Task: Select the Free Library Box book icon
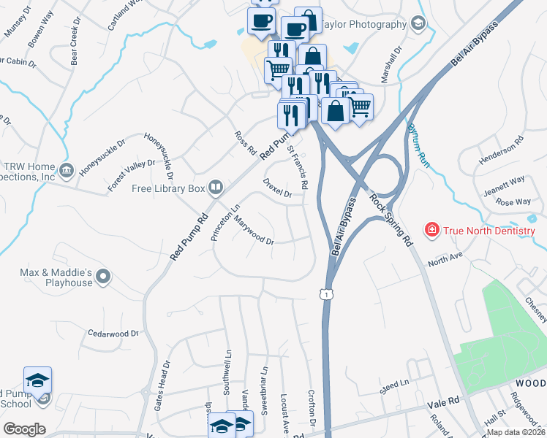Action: coord(215,188)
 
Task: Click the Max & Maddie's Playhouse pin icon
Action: coord(103,276)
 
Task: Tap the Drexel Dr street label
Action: coord(277,188)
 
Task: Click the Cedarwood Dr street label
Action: coord(113,334)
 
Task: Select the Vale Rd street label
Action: coord(443,400)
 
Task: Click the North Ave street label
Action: coord(446,258)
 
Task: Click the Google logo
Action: coord(23,429)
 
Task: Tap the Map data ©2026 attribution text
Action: coord(516,432)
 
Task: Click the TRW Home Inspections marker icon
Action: coord(67,170)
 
